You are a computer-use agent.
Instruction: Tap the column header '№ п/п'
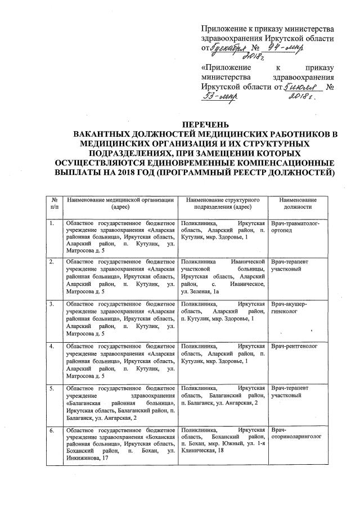point(55,203)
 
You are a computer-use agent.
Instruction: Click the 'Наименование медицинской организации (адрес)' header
point(120,203)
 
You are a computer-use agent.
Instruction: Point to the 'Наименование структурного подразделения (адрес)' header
point(222,203)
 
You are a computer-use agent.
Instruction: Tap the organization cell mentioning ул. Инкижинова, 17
point(120,444)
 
